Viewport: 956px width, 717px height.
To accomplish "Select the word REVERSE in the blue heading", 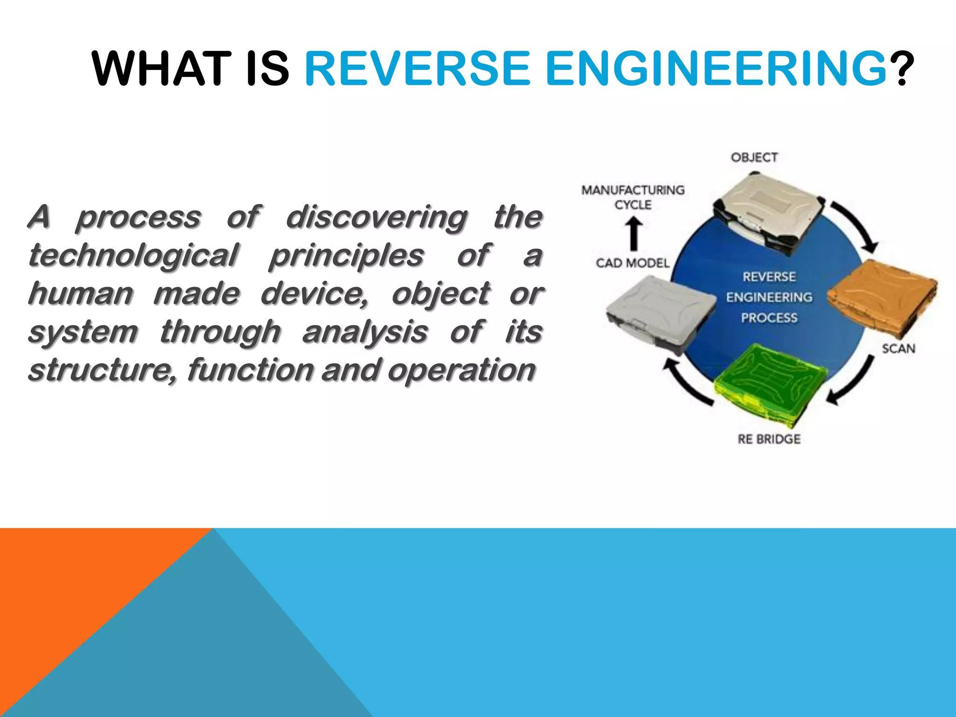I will (417, 69).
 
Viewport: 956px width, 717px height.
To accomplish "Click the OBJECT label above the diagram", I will (754, 157).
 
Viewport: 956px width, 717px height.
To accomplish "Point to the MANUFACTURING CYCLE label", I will (633, 197).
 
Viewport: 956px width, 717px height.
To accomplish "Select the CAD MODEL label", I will (632, 263).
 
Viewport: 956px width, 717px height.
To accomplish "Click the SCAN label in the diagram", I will (898, 349).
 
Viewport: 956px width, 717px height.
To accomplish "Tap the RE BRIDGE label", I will (769, 439).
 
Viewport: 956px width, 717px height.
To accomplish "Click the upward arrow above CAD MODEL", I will (633, 234).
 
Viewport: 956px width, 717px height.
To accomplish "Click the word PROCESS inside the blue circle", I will (769, 318).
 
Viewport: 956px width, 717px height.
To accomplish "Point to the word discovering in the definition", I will (376, 217).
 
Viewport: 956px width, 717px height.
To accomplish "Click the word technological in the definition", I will (133, 256).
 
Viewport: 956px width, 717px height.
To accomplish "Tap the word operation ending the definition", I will (461, 370).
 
